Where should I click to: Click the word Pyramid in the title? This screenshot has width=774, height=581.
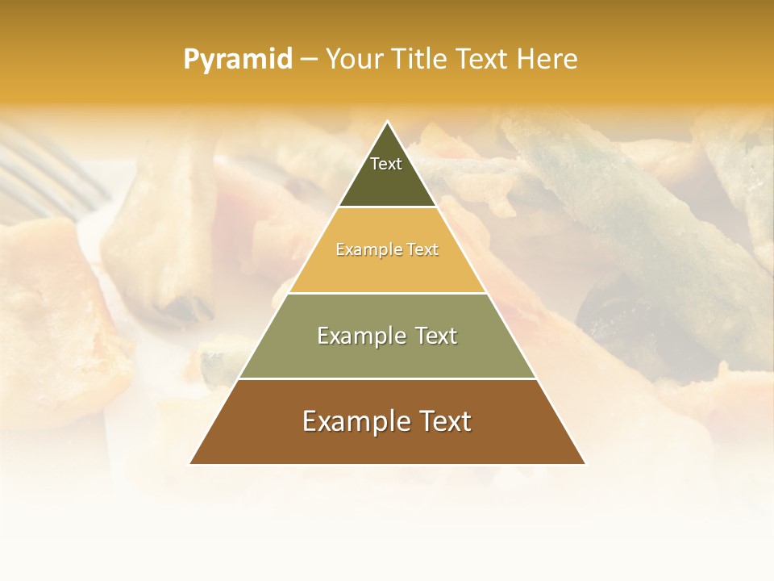237,60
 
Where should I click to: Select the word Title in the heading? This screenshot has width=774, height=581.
418,59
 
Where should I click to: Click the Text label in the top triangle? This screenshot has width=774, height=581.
386,164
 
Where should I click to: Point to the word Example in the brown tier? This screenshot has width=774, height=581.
354,421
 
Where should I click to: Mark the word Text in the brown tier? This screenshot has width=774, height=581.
443,421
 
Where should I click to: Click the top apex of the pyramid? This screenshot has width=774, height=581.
388,123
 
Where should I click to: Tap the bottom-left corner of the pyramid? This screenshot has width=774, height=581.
190,463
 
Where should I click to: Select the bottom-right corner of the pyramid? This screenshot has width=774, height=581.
585,463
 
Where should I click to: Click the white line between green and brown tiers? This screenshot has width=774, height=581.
388,378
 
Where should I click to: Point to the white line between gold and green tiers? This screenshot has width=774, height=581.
388,293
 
